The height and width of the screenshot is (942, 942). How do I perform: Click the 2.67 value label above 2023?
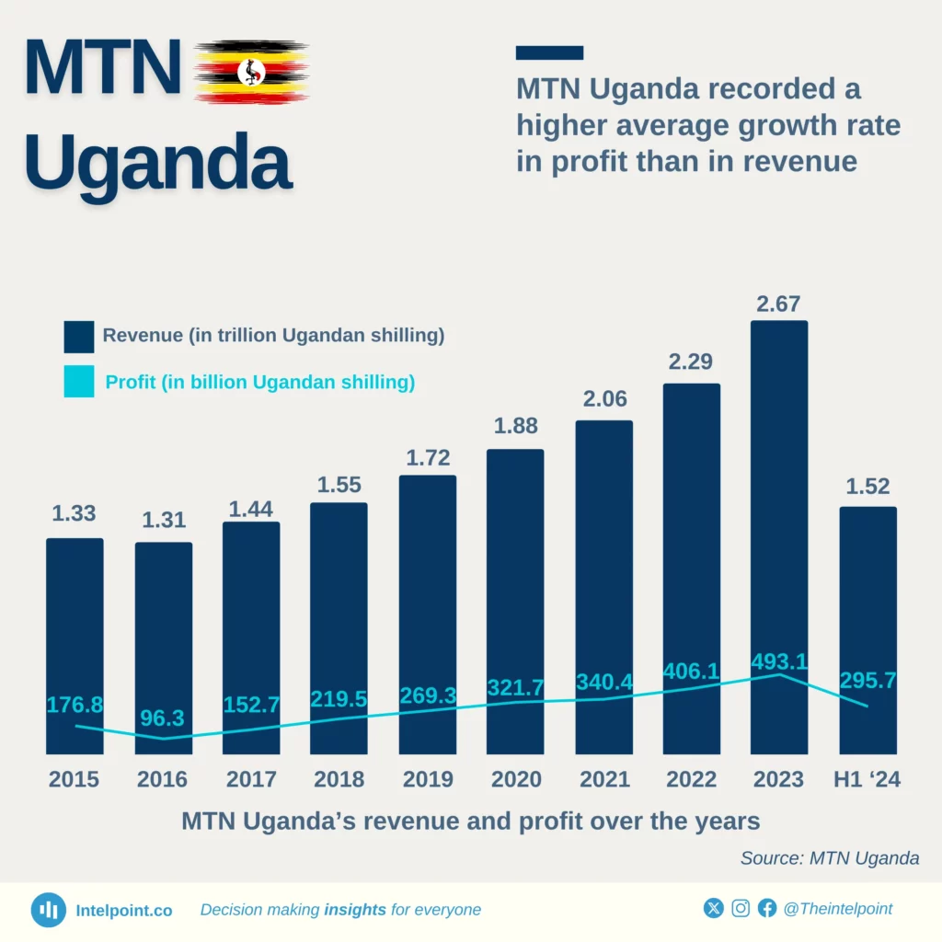[x=778, y=303]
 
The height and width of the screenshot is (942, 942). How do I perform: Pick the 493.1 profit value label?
[x=778, y=661]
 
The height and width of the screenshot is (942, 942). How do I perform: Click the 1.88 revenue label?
[x=515, y=426]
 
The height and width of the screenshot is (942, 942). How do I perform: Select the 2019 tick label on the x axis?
[x=428, y=780]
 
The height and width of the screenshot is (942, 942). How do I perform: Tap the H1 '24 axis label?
[x=867, y=780]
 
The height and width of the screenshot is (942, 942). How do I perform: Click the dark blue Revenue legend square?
[x=79, y=337]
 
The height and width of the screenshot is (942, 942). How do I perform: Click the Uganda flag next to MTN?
[x=251, y=71]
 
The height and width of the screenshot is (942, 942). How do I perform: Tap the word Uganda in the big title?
[x=158, y=163]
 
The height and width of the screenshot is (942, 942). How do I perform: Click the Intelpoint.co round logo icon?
[x=49, y=910]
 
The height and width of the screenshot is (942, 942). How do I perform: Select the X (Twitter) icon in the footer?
[x=713, y=909]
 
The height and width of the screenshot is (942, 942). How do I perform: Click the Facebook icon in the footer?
[x=767, y=909]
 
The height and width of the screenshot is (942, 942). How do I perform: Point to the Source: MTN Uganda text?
[x=830, y=858]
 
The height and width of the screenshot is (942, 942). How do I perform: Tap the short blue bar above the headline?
[x=549, y=52]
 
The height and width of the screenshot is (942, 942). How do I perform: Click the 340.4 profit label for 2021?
[x=603, y=682]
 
